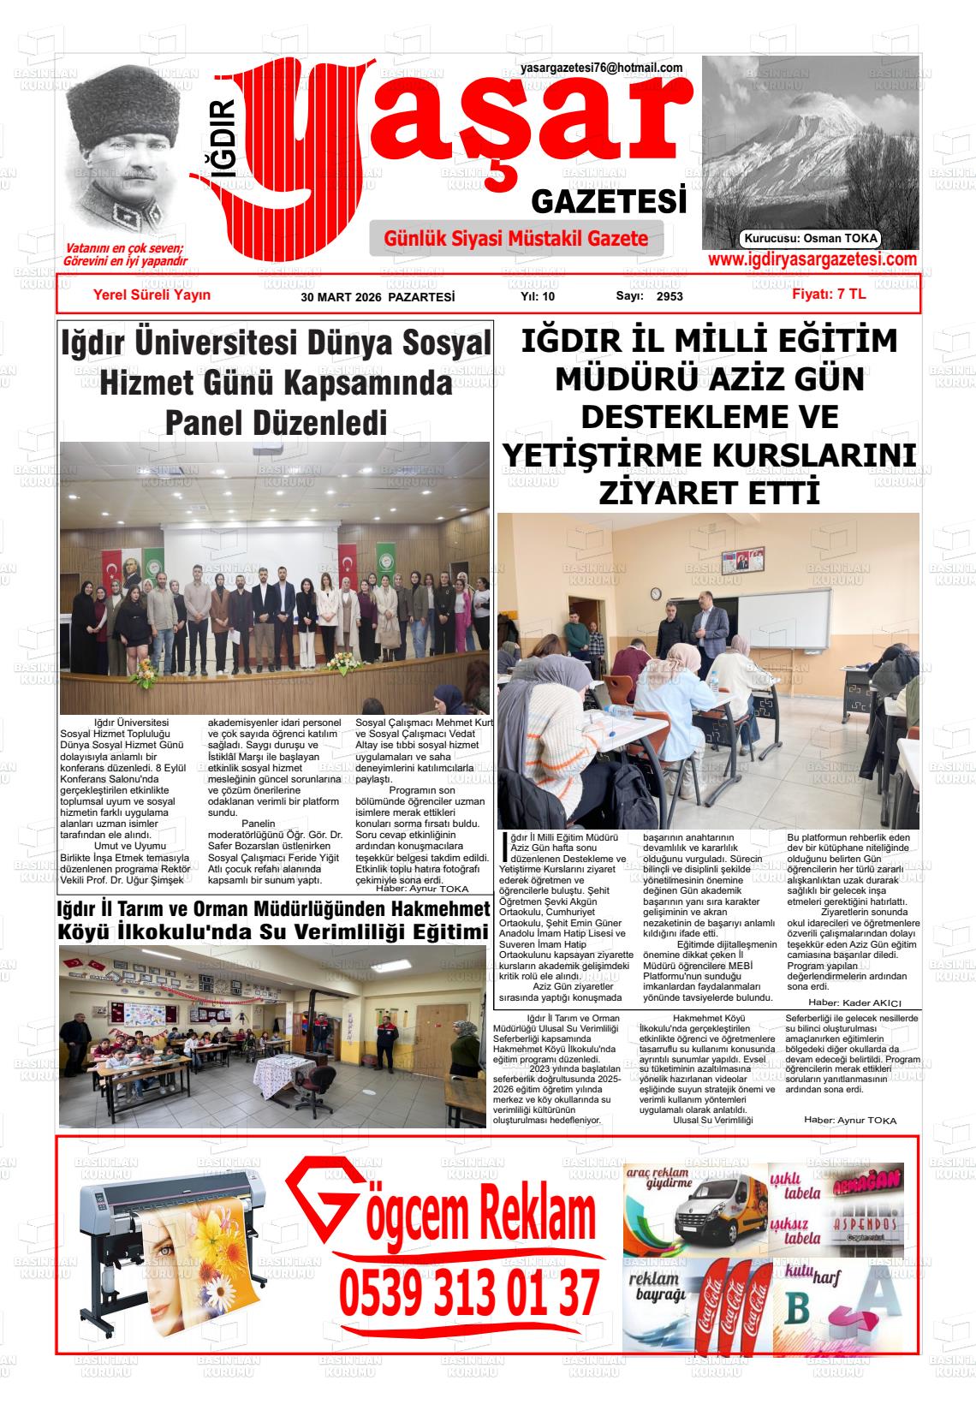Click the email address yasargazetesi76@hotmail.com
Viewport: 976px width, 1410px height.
(601, 68)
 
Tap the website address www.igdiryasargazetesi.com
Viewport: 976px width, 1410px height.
(812, 259)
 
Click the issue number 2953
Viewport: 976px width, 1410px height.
(670, 297)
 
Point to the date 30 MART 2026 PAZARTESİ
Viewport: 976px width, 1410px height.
(378, 297)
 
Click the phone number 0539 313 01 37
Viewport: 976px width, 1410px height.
(468, 1293)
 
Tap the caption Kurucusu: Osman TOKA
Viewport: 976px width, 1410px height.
(811, 239)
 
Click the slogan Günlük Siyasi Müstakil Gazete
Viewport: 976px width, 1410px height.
(516, 239)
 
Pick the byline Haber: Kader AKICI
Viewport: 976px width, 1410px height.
(854, 1002)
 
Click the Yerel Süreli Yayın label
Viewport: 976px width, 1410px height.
(152, 294)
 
